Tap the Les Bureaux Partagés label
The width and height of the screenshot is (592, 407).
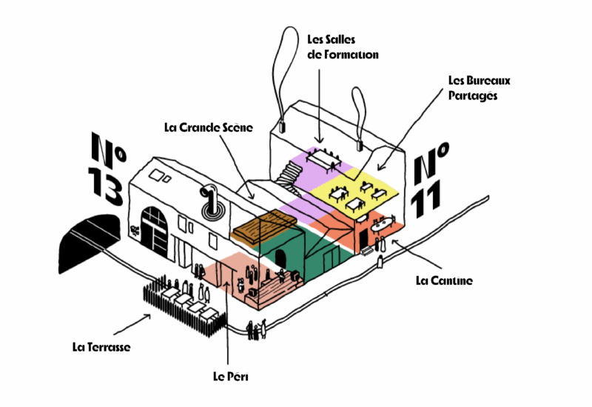[480, 87]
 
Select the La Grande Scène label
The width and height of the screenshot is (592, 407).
[209, 127]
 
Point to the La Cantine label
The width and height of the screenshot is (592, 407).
[443, 280]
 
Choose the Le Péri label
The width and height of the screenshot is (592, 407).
[230, 377]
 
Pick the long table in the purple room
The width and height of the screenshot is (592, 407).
[323, 158]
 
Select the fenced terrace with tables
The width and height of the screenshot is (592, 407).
[184, 302]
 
